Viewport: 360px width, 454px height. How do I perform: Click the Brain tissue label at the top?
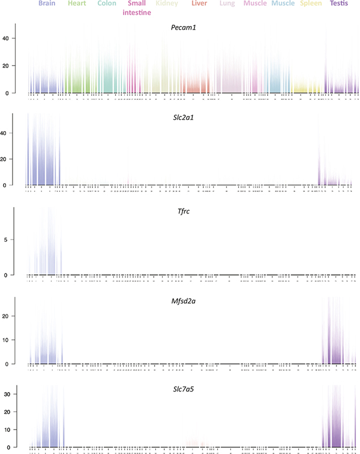(46, 4)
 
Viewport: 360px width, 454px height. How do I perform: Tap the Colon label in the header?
(107, 4)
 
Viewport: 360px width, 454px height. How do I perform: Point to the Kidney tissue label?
(167, 4)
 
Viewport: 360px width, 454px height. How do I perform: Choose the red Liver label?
(200, 4)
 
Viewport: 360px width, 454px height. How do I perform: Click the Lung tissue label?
(228, 4)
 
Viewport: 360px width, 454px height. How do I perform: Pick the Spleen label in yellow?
(311, 4)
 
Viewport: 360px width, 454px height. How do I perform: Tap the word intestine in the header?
(137, 12)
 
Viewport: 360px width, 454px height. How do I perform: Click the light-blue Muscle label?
(283, 4)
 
